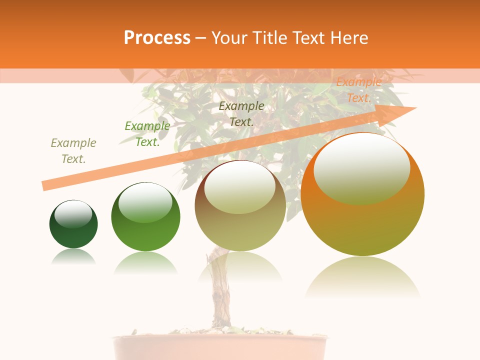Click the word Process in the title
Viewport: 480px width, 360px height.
click(x=157, y=37)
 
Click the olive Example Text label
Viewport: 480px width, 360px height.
click(x=73, y=151)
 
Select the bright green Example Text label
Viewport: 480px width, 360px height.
click(x=147, y=134)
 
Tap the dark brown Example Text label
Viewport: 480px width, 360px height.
click(x=241, y=113)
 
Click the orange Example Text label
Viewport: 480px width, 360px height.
click(x=358, y=90)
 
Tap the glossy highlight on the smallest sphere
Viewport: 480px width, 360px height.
click(x=73, y=214)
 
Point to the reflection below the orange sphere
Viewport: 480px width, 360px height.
click(x=362, y=277)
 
